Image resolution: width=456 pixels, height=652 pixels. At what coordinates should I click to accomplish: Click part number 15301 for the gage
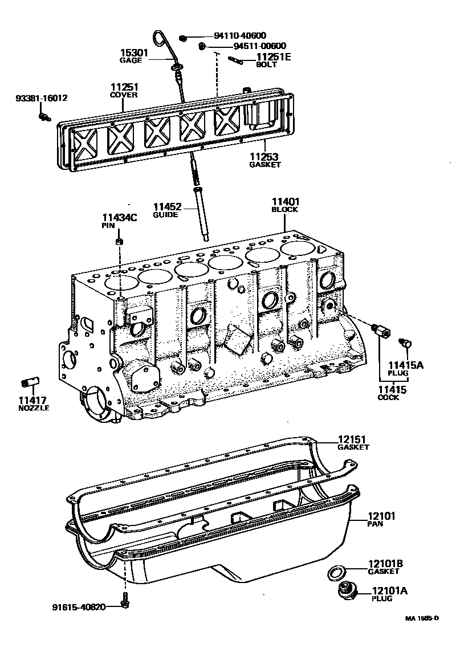click(x=135, y=53)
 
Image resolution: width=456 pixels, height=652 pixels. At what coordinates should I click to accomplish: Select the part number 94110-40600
click(x=241, y=36)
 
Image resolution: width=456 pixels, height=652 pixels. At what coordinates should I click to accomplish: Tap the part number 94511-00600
click(x=260, y=46)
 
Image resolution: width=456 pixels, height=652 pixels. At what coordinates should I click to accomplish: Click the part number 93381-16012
click(x=42, y=99)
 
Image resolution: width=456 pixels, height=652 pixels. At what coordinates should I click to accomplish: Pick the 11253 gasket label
click(x=264, y=157)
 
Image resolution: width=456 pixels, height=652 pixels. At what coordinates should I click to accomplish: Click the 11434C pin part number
click(x=120, y=218)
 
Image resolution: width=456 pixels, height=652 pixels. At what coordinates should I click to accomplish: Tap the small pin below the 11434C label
click(x=119, y=242)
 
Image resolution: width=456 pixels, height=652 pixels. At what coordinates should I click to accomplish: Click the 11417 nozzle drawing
click(x=30, y=382)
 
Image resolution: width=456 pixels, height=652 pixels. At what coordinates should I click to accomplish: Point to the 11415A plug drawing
click(x=406, y=343)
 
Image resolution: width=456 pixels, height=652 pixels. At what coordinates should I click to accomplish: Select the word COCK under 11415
click(x=388, y=397)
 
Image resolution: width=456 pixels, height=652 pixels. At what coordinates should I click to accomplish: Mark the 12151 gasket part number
click(x=352, y=439)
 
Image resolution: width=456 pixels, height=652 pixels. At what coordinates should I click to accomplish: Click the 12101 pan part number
click(x=381, y=516)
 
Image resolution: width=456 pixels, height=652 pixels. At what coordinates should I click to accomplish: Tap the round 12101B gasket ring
click(x=335, y=573)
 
